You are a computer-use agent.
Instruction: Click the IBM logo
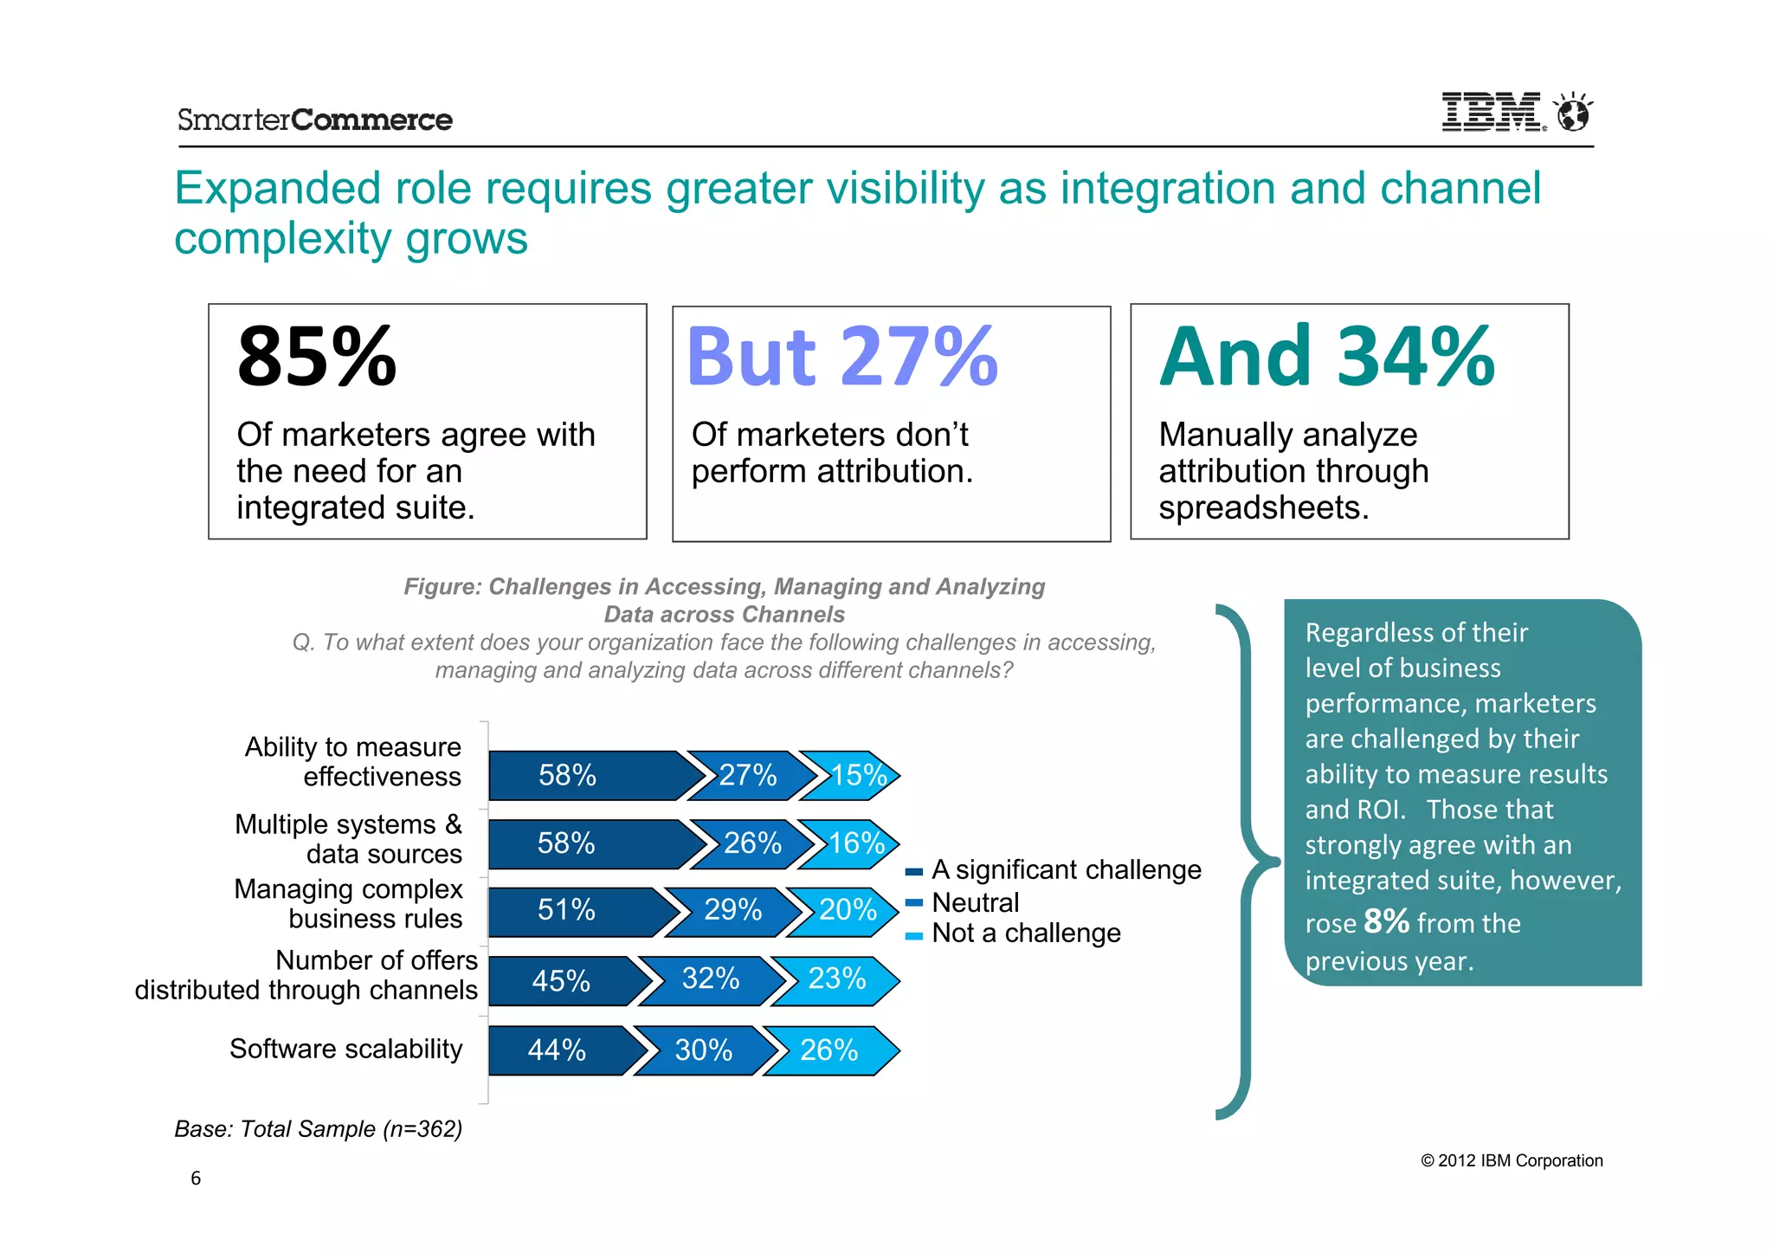(1491, 112)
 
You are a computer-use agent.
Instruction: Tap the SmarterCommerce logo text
(314, 119)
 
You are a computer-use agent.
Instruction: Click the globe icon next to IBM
(1573, 113)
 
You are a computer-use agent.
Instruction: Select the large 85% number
(317, 357)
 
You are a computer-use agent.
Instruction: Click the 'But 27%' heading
(841, 357)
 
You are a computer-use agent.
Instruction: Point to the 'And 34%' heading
(1326, 357)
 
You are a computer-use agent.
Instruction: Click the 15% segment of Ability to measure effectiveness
(856, 775)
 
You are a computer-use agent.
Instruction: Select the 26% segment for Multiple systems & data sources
(751, 843)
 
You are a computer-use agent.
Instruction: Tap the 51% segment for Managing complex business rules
(567, 910)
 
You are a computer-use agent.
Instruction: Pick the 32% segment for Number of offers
(710, 979)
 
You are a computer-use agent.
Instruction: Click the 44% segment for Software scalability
(558, 1050)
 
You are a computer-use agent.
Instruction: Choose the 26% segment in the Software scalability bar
(828, 1050)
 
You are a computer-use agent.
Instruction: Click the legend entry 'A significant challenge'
(1065, 869)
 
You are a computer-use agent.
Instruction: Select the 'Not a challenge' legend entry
(1025, 933)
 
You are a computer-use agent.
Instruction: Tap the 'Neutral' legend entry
(975, 902)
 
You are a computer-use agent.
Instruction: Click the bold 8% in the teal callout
(1385, 921)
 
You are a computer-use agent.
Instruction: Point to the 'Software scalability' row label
(345, 1049)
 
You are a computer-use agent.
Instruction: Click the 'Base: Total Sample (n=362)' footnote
(318, 1129)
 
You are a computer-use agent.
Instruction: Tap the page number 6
(196, 1178)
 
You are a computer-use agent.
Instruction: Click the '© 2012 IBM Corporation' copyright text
(1512, 1160)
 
